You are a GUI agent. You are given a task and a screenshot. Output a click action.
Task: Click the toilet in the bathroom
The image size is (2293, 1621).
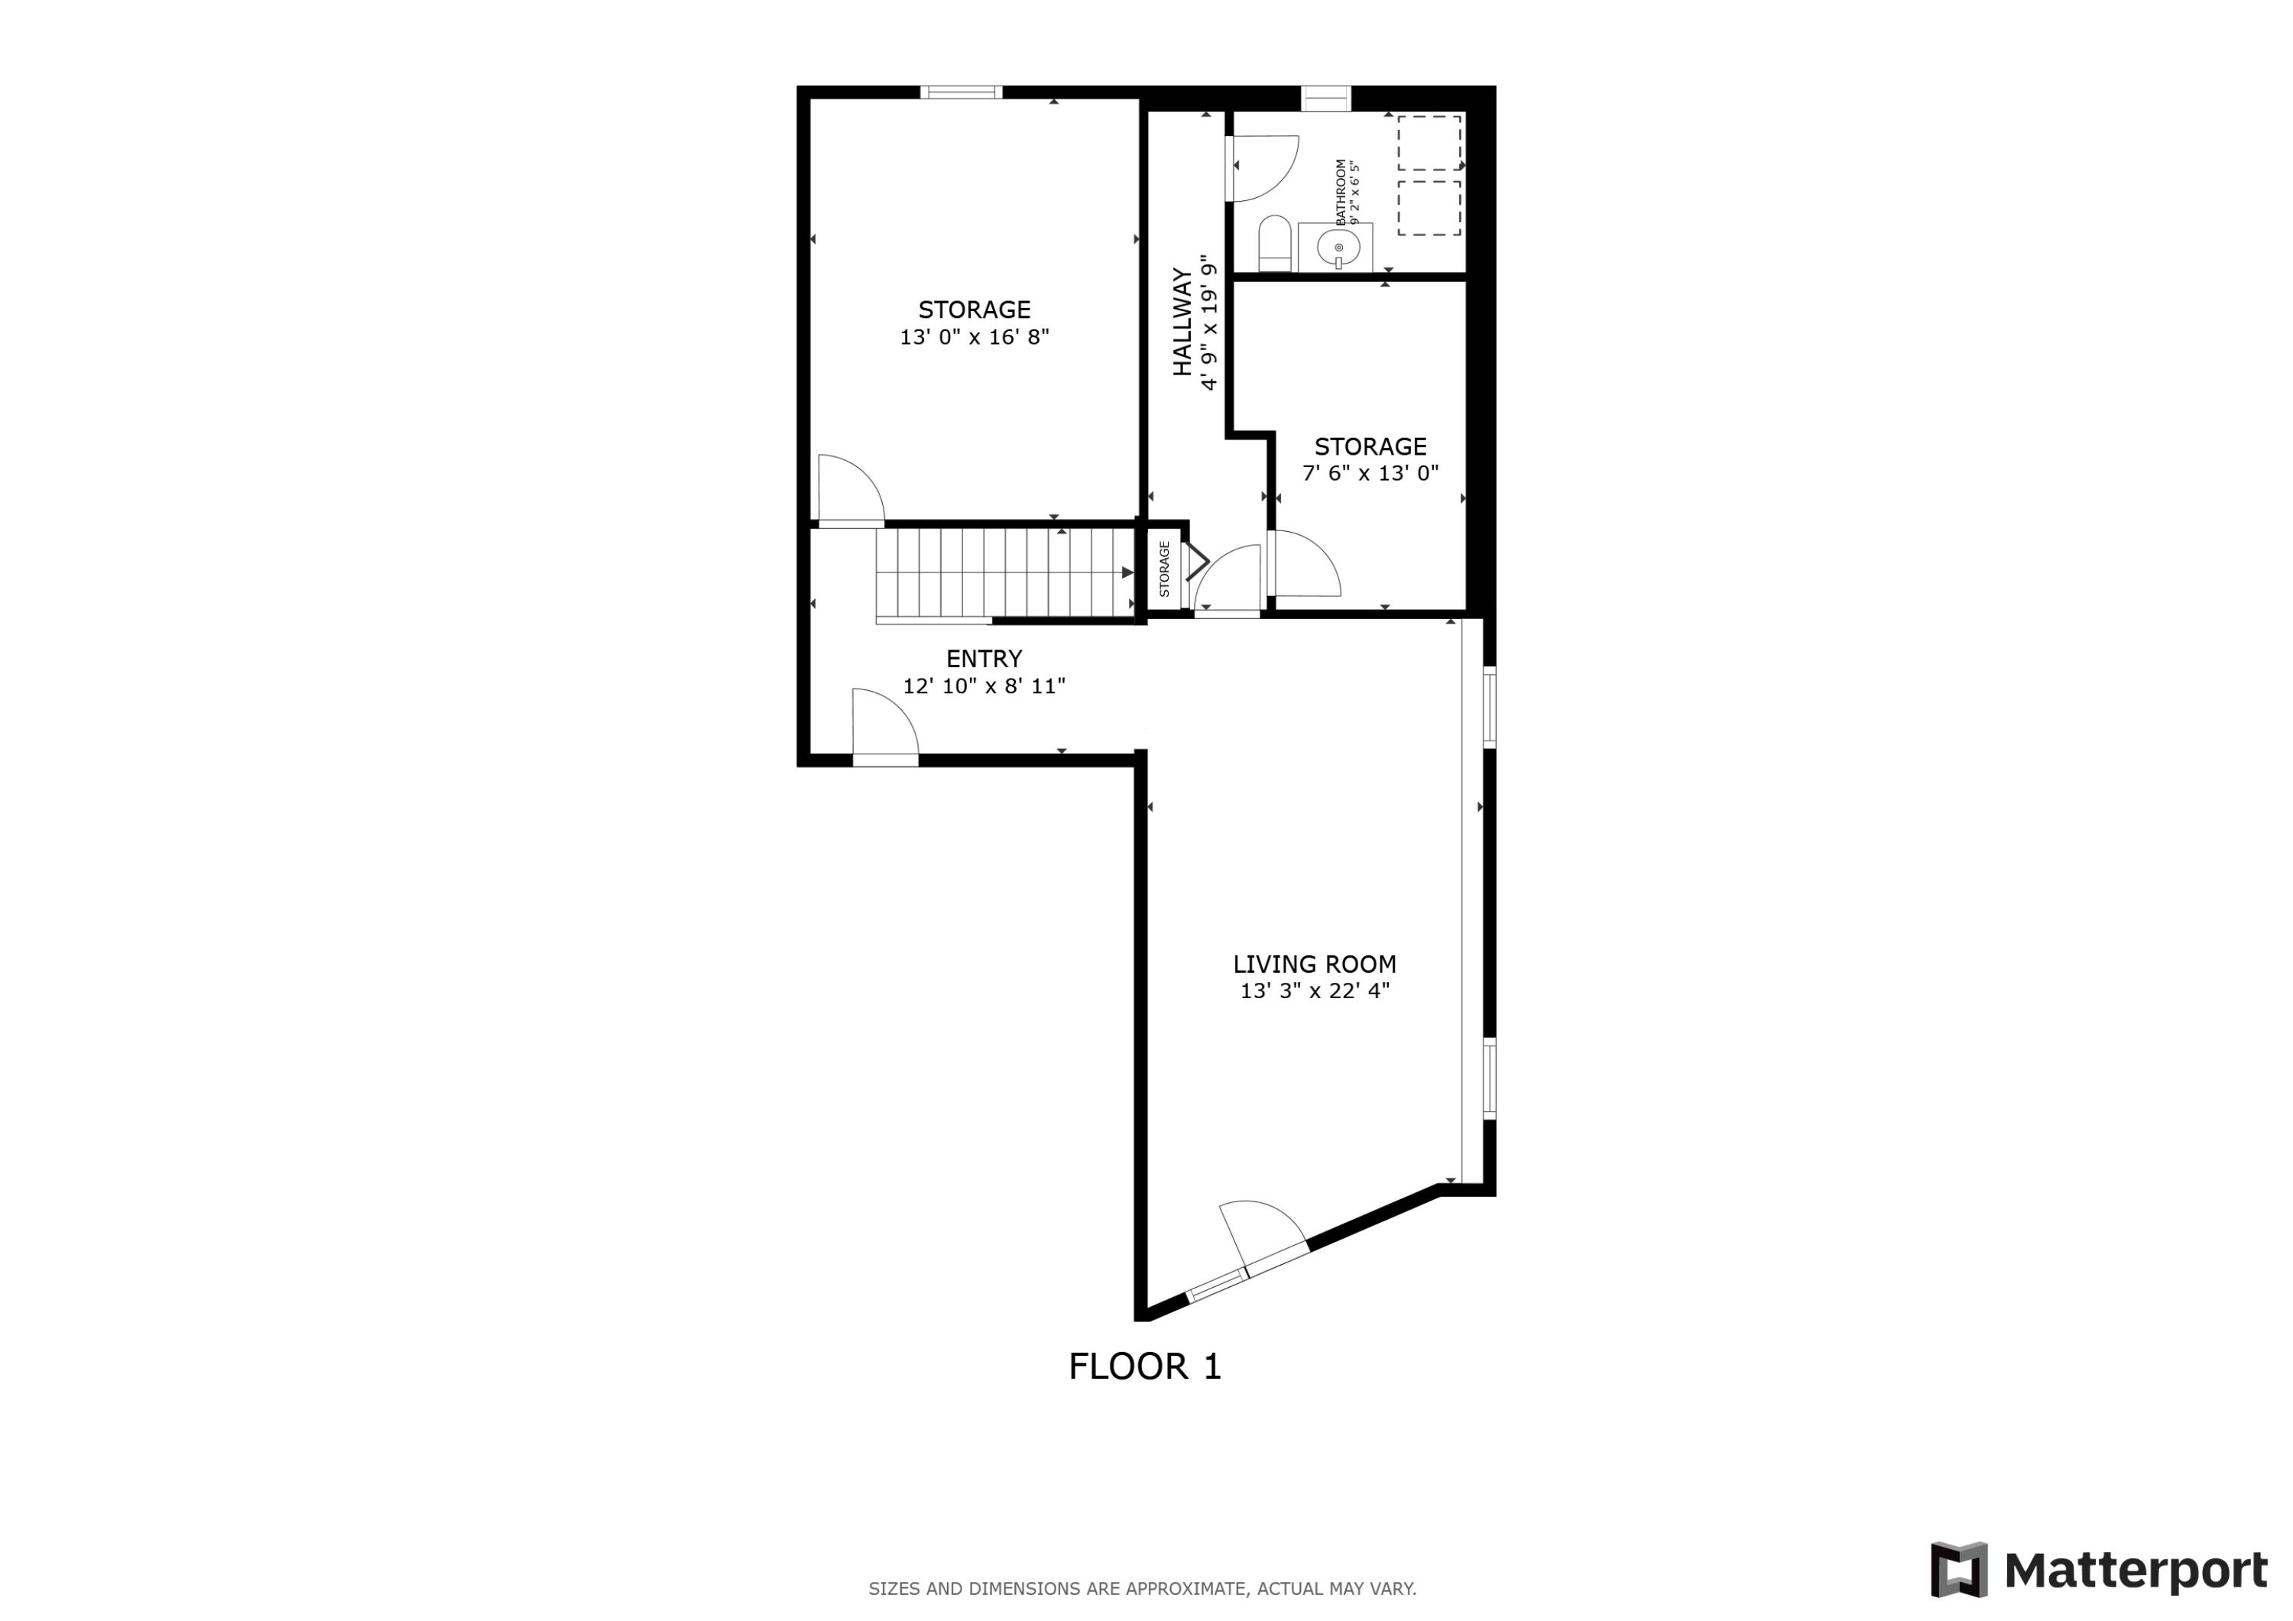tap(1274, 243)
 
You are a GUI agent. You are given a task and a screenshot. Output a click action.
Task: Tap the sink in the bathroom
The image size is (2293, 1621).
tap(1338, 245)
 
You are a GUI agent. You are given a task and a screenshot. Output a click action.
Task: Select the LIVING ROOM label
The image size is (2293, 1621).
tap(1315, 964)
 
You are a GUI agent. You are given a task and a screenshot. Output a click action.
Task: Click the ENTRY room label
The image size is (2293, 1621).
tap(984, 658)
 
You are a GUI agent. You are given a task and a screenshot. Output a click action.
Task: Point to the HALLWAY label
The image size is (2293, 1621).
tap(1182, 322)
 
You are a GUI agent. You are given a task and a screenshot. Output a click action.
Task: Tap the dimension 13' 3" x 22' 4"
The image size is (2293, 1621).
tap(1315, 990)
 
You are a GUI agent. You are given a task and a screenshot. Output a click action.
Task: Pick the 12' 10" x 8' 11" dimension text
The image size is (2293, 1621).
tap(984, 686)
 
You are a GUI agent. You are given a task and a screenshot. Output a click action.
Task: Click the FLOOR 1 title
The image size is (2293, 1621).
tap(1144, 1367)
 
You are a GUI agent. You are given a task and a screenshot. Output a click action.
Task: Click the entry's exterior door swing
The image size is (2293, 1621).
tap(883, 724)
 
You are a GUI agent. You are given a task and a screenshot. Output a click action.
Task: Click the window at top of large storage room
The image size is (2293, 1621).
tap(961, 92)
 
